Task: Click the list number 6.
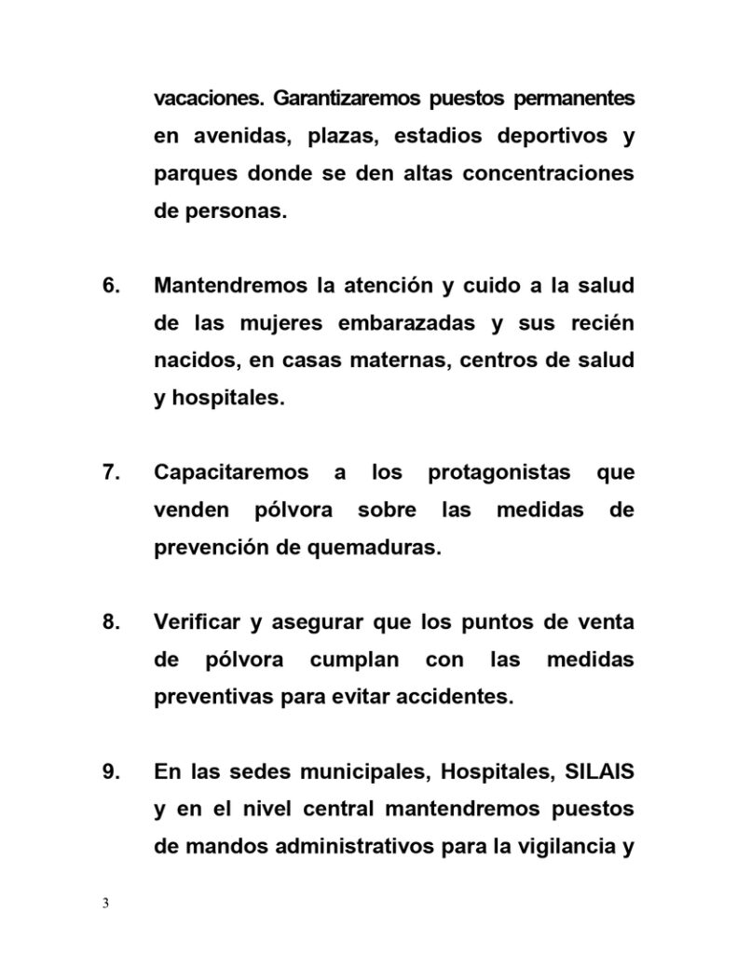pos(111,284)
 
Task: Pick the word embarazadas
pos(414,322)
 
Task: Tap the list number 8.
pos(111,621)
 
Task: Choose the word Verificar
pos(194,621)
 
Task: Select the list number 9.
pos(111,771)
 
